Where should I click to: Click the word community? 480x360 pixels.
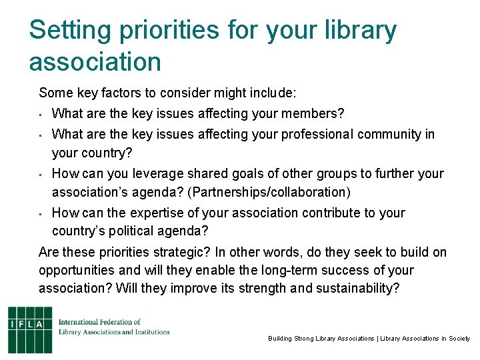pyautogui.click(x=389, y=134)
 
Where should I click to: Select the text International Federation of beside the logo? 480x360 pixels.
pyautogui.click(x=99, y=322)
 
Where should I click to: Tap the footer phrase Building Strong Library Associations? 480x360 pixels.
pyautogui.click(x=321, y=339)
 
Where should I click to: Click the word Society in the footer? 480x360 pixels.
pyautogui.click(x=459, y=339)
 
